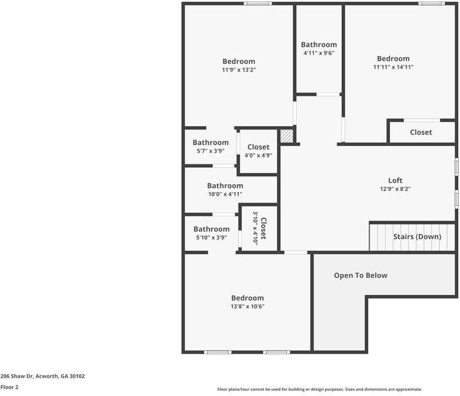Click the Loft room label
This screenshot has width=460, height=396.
coord(395,180)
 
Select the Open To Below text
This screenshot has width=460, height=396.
coord(360,275)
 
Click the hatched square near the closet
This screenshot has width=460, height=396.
coord(286,135)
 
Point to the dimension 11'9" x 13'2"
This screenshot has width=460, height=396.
coord(239,70)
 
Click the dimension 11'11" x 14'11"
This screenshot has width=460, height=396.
coord(393,67)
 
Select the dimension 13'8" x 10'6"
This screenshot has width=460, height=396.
coord(247,306)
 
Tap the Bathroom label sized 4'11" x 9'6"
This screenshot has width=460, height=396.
coord(319,44)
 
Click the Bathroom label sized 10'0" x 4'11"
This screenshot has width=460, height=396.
coord(225,185)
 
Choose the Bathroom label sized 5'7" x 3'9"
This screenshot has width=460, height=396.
coord(210,142)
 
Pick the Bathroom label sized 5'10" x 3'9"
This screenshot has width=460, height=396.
coord(211,229)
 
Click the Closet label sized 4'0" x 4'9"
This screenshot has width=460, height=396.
coord(258,147)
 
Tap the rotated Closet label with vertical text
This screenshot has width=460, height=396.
coord(263,228)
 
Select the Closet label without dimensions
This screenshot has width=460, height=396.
coord(420,132)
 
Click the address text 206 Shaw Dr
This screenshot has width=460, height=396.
coord(42,376)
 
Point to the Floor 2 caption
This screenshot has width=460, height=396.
coord(9,387)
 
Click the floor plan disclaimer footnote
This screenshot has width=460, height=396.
coord(319,389)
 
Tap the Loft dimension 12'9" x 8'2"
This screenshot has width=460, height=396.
coord(395,189)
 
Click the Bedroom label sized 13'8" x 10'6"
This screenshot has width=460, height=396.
coord(247,298)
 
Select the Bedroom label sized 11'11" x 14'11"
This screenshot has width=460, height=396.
coord(393,58)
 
